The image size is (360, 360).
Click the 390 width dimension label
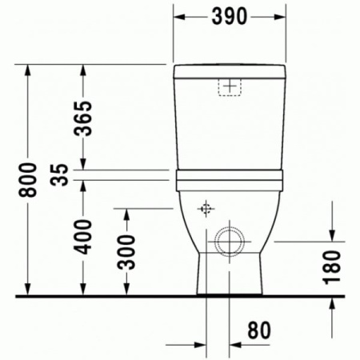click(x=229, y=16)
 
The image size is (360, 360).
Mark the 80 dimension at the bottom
click(x=255, y=329)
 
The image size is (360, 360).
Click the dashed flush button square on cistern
click(x=230, y=86)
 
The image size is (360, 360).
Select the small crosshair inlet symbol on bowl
click(x=206, y=210)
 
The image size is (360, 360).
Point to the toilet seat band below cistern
click(x=229, y=178)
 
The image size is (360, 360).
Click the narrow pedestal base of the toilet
click(x=229, y=276)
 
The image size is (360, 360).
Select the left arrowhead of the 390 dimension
click(x=179, y=16)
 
